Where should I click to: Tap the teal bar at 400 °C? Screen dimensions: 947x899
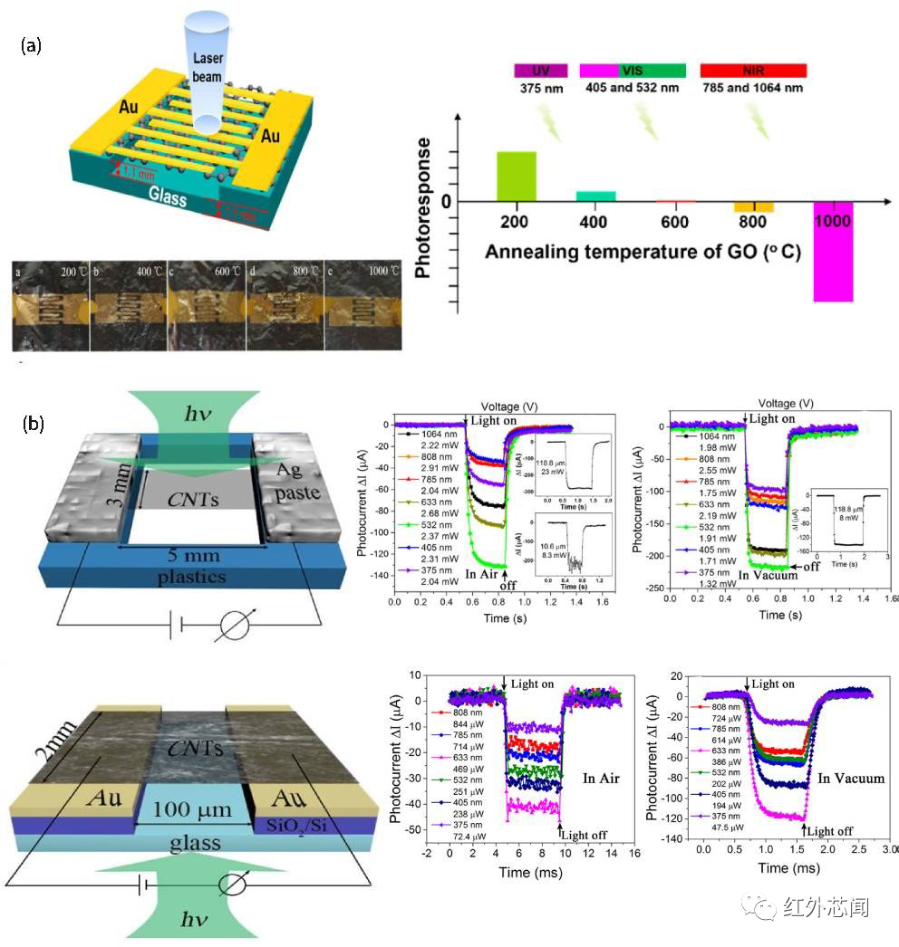(595, 196)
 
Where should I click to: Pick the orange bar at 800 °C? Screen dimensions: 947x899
(753, 207)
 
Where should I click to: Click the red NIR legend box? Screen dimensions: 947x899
(752, 70)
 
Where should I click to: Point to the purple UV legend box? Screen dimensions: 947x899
(540, 70)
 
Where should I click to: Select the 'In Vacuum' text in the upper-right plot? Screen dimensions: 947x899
(767, 575)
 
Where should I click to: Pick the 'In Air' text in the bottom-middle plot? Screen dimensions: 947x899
(603, 778)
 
